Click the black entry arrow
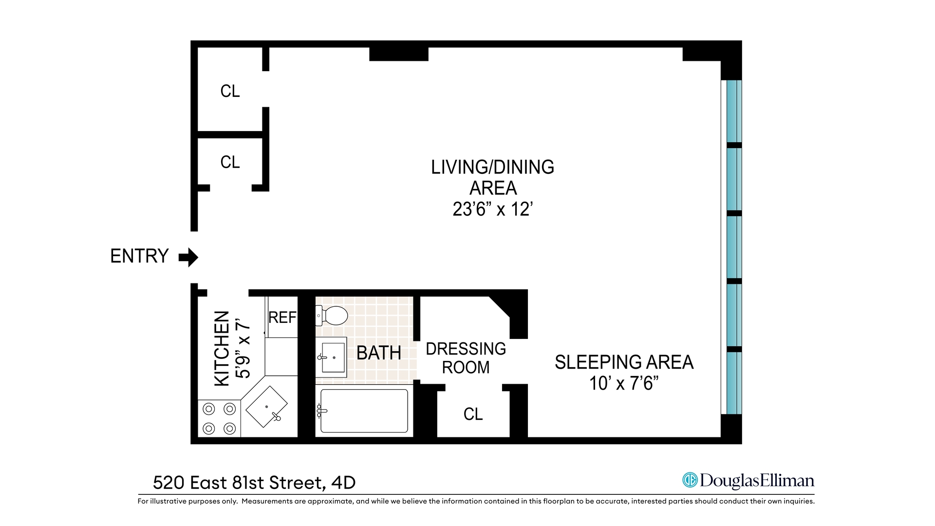coord(188,257)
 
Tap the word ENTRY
coord(139,256)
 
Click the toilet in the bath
coord(332,316)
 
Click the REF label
coord(282,318)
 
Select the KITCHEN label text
coord(222,349)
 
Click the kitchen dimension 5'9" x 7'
coord(243,349)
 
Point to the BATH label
coord(379,353)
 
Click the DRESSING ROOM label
coord(466,358)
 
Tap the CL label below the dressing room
coord(473,414)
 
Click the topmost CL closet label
coord(230,91)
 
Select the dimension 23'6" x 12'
coord(492,209)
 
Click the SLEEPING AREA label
coord(624,362)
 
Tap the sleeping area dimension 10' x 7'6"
coord(624,384)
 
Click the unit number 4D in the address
coord(343,483)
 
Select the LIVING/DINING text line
coord(492,167)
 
